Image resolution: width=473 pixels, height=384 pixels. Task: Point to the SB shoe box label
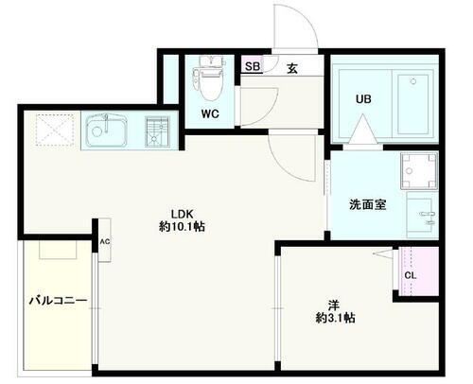point(253,66)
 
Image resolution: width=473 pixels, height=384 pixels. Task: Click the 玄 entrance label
point(293,66)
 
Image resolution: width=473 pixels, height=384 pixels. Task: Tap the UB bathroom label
point(362,97)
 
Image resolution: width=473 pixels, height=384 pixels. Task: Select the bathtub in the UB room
point(409,97)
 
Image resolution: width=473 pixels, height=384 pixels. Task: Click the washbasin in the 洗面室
point(421,213)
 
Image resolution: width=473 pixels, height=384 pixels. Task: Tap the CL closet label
point(410,275)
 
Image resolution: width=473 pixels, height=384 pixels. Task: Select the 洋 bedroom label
point(334,305)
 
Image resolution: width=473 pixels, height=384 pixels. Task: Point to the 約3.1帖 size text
point(334,319)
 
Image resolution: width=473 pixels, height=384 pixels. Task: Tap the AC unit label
point(104,242)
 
